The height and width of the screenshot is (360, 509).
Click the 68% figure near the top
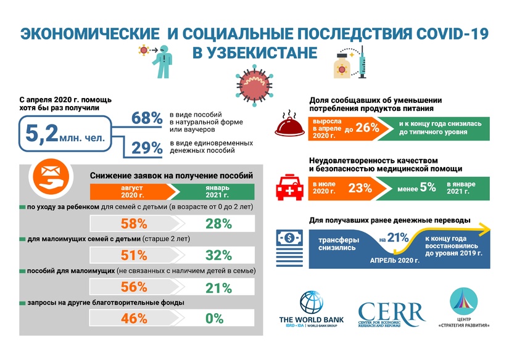coord(146,118)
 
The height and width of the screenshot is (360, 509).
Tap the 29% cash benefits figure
coord(146,148)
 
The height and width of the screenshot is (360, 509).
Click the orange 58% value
coord(134,224)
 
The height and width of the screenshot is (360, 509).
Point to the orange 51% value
coord(134,255)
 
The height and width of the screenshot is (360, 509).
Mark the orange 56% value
coord(134,287)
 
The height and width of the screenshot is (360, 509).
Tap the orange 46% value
coord(134,319)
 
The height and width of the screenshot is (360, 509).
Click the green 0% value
coord(214,319)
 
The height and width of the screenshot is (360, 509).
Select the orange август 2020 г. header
coord(130,191)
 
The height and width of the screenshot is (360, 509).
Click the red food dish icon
coord(291,125)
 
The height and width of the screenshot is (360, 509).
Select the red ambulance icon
coord(291,186)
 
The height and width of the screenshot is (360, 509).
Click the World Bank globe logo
coord(311,302)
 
